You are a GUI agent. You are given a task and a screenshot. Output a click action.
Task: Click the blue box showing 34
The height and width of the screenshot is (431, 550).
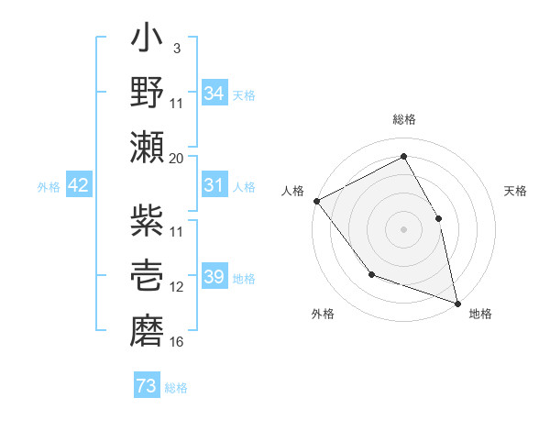[x=214, y=93]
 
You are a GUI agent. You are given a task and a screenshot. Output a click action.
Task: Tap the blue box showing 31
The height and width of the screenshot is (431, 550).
[x=214, y=185]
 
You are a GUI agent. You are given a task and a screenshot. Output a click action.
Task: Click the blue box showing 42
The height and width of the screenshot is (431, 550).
[x=79, y=185]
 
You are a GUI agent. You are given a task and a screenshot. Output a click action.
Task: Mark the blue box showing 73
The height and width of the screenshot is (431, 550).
[x=147, y=387]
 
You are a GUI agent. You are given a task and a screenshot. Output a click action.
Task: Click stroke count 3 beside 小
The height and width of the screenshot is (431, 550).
[x=177, y=49]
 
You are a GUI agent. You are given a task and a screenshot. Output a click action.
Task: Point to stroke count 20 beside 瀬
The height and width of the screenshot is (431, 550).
[x=177, y=158]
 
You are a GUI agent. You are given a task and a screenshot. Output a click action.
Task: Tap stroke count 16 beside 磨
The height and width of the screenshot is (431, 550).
[x=177, y=342]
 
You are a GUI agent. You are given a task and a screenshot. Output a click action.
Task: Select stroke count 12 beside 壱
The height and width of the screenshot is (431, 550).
[x=177, y=287]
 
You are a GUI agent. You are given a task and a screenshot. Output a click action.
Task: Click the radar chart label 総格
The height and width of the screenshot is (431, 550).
[x=404, y=119]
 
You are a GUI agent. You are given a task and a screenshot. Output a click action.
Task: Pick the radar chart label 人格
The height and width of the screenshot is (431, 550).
[x=293, y=191]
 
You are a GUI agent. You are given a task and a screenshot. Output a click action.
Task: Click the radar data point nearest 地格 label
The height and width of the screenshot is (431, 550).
[x=456, y=303]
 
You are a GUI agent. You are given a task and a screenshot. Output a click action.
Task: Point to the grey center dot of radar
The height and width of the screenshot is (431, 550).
[x=403, y=229]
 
